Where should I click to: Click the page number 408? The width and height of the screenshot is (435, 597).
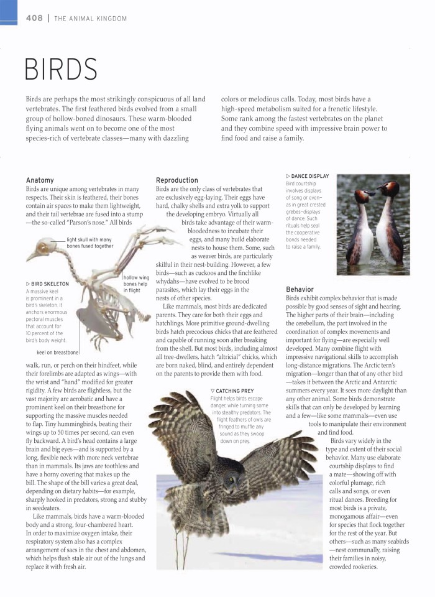click(x=34, y=18)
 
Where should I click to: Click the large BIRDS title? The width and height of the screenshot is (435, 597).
click(x=62, y=69)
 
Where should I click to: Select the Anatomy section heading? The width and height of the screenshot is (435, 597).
click(x=40, y=180)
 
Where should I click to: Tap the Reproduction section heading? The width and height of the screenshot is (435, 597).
click(x=177, y=180)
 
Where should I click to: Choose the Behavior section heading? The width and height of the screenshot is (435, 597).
click(x=300, y=289)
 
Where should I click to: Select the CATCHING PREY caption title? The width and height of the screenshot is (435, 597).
click(x=232, y=391)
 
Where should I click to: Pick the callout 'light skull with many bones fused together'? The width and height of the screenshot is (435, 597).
click(x=90, y=243)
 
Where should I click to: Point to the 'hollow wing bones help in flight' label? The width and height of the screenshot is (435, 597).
click(x=136, y=284)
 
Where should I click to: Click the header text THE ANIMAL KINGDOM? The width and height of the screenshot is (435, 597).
click(x=91, y=19)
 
